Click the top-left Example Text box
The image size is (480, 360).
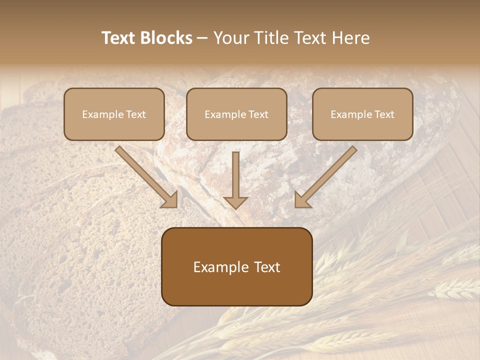click(114, 114)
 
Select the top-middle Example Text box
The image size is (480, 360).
click(236, 114)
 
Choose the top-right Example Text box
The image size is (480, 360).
click(362, 114)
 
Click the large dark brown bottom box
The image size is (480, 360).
click(236, 266)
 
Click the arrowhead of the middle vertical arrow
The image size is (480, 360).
click(235, 202)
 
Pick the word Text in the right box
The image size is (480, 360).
click(384, 114)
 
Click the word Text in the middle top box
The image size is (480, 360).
click(258, 114)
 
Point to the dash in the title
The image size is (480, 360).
click(202, 38)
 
